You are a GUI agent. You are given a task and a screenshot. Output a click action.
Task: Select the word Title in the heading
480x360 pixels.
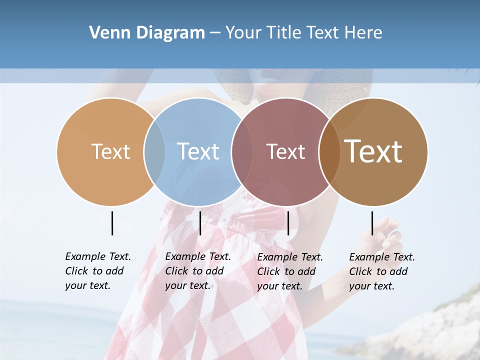pyautogui.click(x=284, y=33)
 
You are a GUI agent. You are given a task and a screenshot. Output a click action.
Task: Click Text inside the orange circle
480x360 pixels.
pyautogui.click(x=110, y=151)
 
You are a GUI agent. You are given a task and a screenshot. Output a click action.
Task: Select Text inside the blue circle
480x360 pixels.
pyautogui.click(x=198, y=151)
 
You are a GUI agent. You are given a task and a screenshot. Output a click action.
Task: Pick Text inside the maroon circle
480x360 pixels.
pyautogui.click(x=285, y=151)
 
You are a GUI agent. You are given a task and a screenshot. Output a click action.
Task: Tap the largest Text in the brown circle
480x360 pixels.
pyautogui.click(x=373, y=151)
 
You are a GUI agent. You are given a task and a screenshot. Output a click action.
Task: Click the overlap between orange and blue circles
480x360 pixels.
pyautogui.click(x=154, y=151)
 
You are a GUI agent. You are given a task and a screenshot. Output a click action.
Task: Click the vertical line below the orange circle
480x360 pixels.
pyautogui.click(x=112, y=223)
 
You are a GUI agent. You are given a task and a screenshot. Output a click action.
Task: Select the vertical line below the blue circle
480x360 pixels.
pyautogui.click(x=200, y=223)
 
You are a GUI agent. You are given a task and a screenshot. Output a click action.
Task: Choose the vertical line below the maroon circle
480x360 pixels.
pyautogui.click(x=288, y=223)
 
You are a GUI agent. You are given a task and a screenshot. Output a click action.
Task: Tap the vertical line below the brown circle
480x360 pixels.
pyautogui.click(x=372, y=223)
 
